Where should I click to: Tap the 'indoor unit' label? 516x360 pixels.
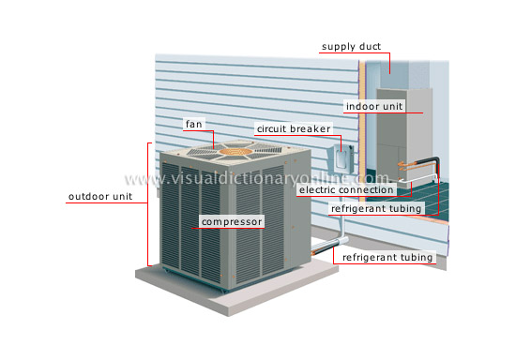(374, 107)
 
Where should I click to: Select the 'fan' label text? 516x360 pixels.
(194, 124)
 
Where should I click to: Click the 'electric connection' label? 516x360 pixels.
(345, 189)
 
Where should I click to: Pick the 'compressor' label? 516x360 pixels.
(231, 222)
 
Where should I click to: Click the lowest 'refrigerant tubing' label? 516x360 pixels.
(387, 257)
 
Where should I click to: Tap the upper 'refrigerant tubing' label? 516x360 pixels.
(378, 208)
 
